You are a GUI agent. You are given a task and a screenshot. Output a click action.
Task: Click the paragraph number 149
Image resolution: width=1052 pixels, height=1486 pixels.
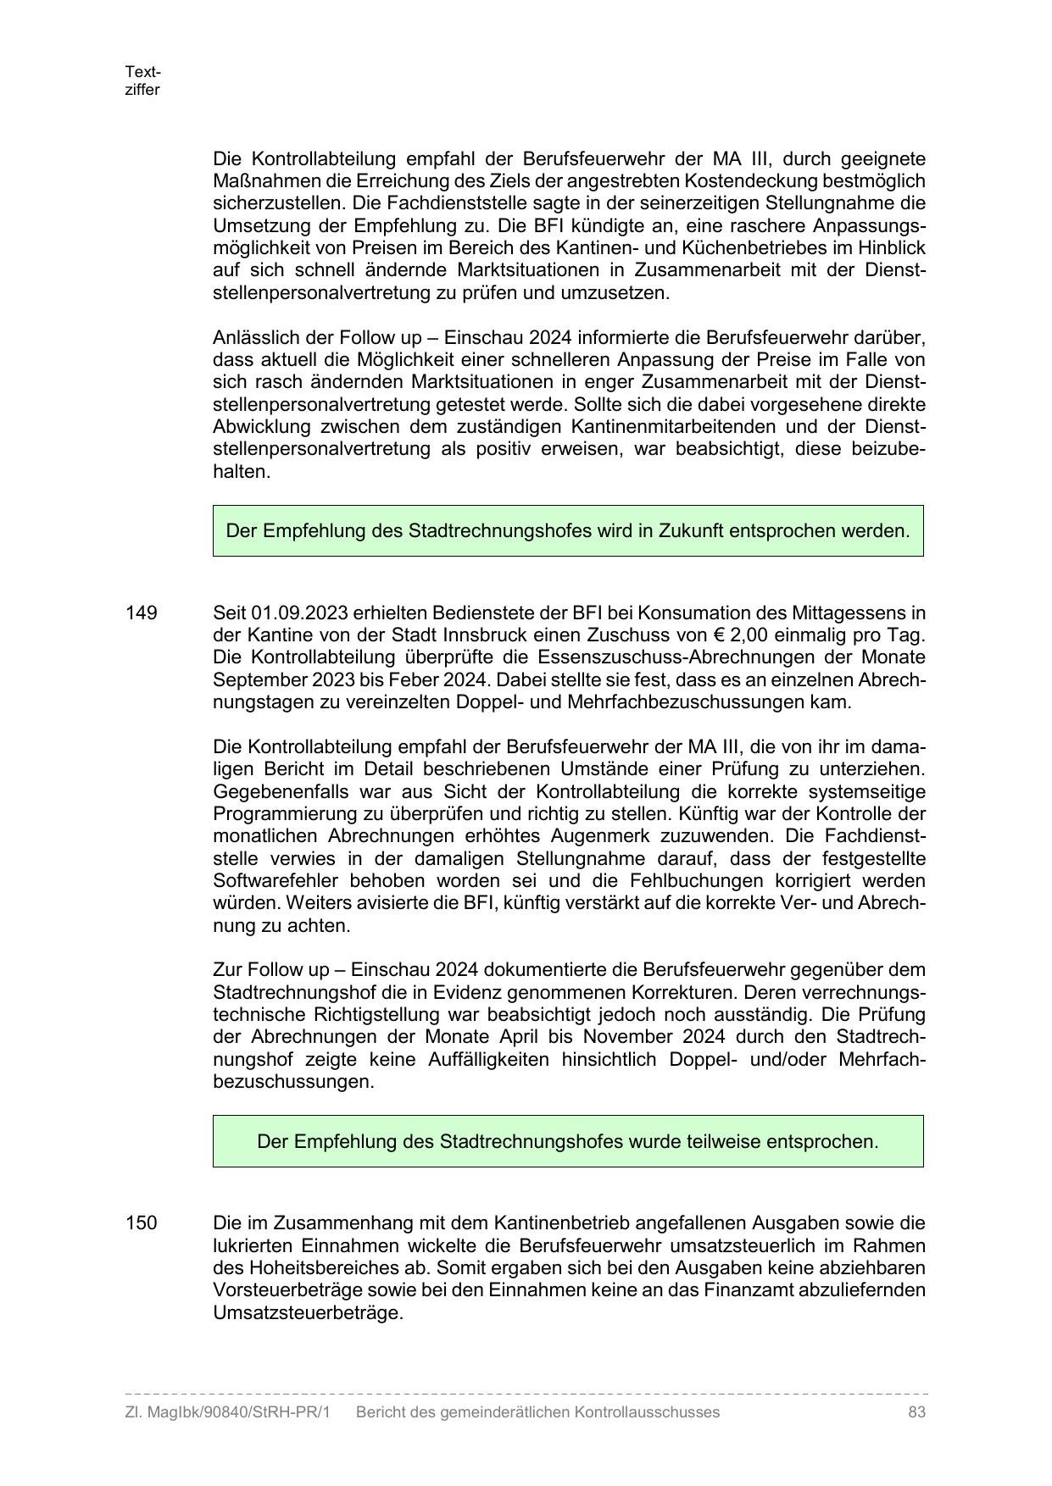(x=141, y=613)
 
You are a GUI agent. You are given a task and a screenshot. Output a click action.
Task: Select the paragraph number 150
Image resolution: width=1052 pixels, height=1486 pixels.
(x=141, y=1223)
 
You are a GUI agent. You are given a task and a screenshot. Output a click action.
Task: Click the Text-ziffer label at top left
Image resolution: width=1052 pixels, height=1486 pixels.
(x=142, y=80)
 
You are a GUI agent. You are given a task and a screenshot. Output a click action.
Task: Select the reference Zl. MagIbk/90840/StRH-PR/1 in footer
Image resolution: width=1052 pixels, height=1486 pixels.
(x=227, y=1412)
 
